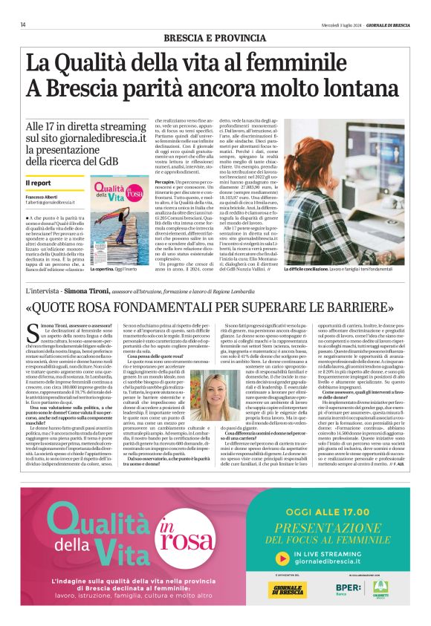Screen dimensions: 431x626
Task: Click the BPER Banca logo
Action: pyautogui.click(x=337, y=591)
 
